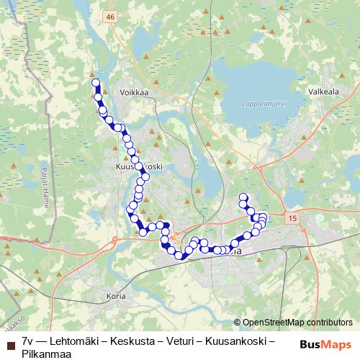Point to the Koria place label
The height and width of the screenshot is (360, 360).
[116, 296]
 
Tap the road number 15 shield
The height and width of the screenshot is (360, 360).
[291, 217]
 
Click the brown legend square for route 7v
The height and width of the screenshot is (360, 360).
[10, 340]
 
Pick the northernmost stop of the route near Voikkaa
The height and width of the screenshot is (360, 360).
[96, 83]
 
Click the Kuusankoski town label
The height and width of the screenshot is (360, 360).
[140, 166]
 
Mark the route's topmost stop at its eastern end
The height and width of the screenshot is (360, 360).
[243, 197]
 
